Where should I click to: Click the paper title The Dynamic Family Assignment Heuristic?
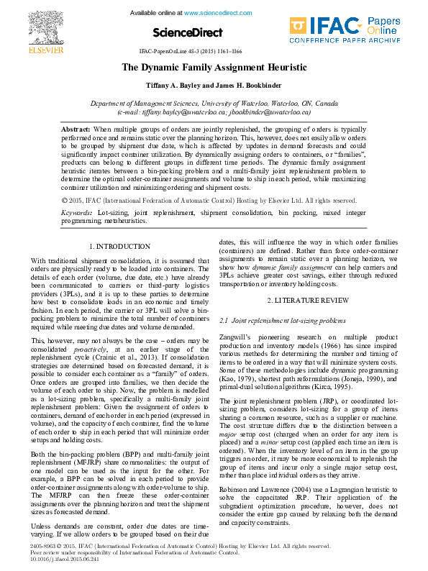(214, 68)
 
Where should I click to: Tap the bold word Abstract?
(76, 128)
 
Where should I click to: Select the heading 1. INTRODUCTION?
(119, 247)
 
